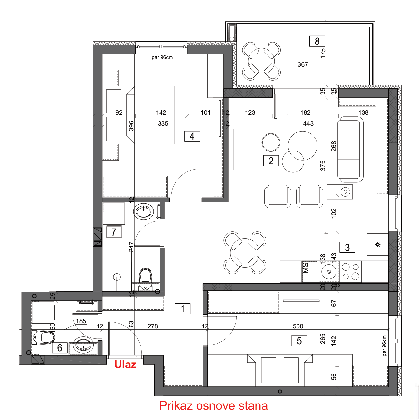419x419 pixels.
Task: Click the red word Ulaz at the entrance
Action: (125, 365)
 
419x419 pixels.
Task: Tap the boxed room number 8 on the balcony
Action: (317, 41)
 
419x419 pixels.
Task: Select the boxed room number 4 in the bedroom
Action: (192, 137)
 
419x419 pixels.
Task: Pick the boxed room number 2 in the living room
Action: (271, 161)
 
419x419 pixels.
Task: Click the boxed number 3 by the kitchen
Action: (347, 248)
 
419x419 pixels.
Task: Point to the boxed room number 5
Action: (299, 341)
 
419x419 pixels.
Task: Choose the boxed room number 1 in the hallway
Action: (183, 309)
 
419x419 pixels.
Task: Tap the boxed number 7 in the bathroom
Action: (114, 232)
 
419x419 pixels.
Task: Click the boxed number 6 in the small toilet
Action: (60, 348)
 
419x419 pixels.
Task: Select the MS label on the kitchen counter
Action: (306, 268)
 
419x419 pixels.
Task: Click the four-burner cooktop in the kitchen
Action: (350, 272)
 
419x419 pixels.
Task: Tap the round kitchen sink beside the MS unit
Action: (329, 272)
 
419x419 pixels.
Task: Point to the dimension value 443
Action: (308, 123)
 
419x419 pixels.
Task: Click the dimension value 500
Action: (298, 326)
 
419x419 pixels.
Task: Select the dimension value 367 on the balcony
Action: (303, 64)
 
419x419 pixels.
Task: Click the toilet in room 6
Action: (44, 338)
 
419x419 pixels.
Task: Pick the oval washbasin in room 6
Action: (83, 345)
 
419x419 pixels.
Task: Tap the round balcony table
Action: (261, 61)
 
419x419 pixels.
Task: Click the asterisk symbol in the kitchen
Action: (378, 245)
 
